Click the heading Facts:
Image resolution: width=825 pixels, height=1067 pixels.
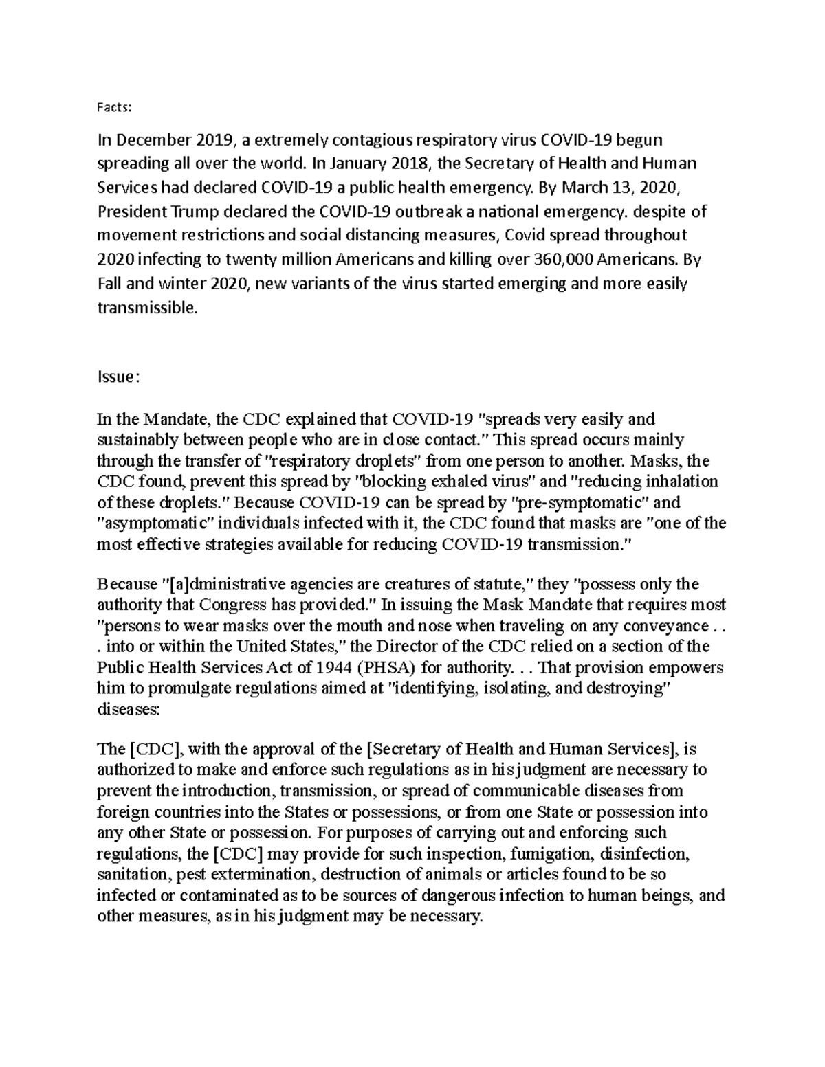point(113,107)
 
